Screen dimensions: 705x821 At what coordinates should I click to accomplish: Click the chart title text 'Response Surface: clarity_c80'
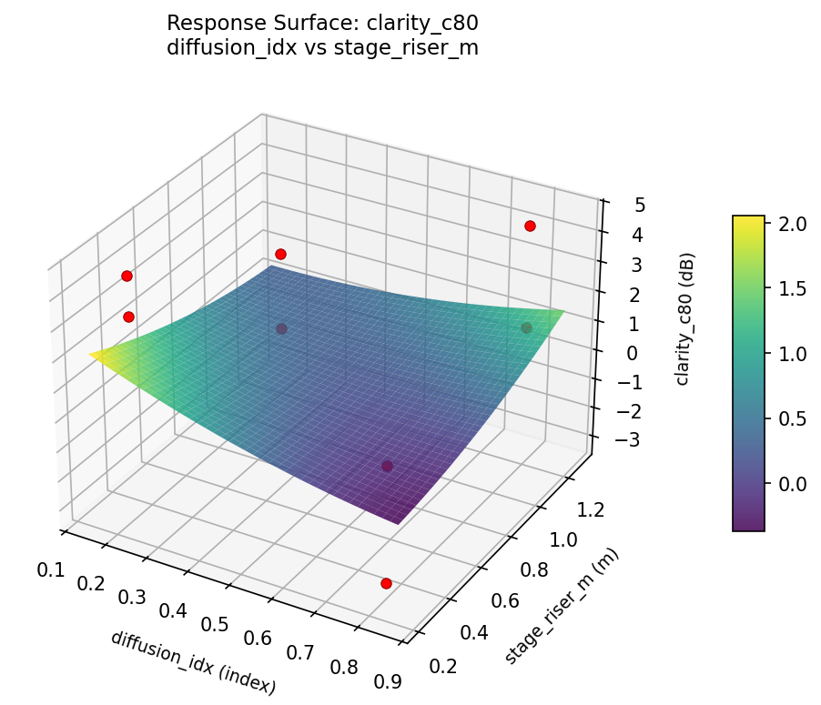[x=322, y=22]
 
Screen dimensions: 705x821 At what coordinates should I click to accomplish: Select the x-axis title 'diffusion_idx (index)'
[x=192, y=663]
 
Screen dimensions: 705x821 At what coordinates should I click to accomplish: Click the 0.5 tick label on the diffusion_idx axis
[x=215, y=623]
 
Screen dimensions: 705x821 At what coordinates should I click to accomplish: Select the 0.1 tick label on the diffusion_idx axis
[x=51, y=570]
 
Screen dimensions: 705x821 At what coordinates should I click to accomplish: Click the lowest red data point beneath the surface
[x=386, y=583]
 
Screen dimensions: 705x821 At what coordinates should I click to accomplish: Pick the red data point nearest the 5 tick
[x=530, y=226]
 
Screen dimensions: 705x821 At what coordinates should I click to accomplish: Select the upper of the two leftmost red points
[x=127, y=276]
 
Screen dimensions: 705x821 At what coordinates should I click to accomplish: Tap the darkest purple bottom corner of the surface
[x=398, y=523]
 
